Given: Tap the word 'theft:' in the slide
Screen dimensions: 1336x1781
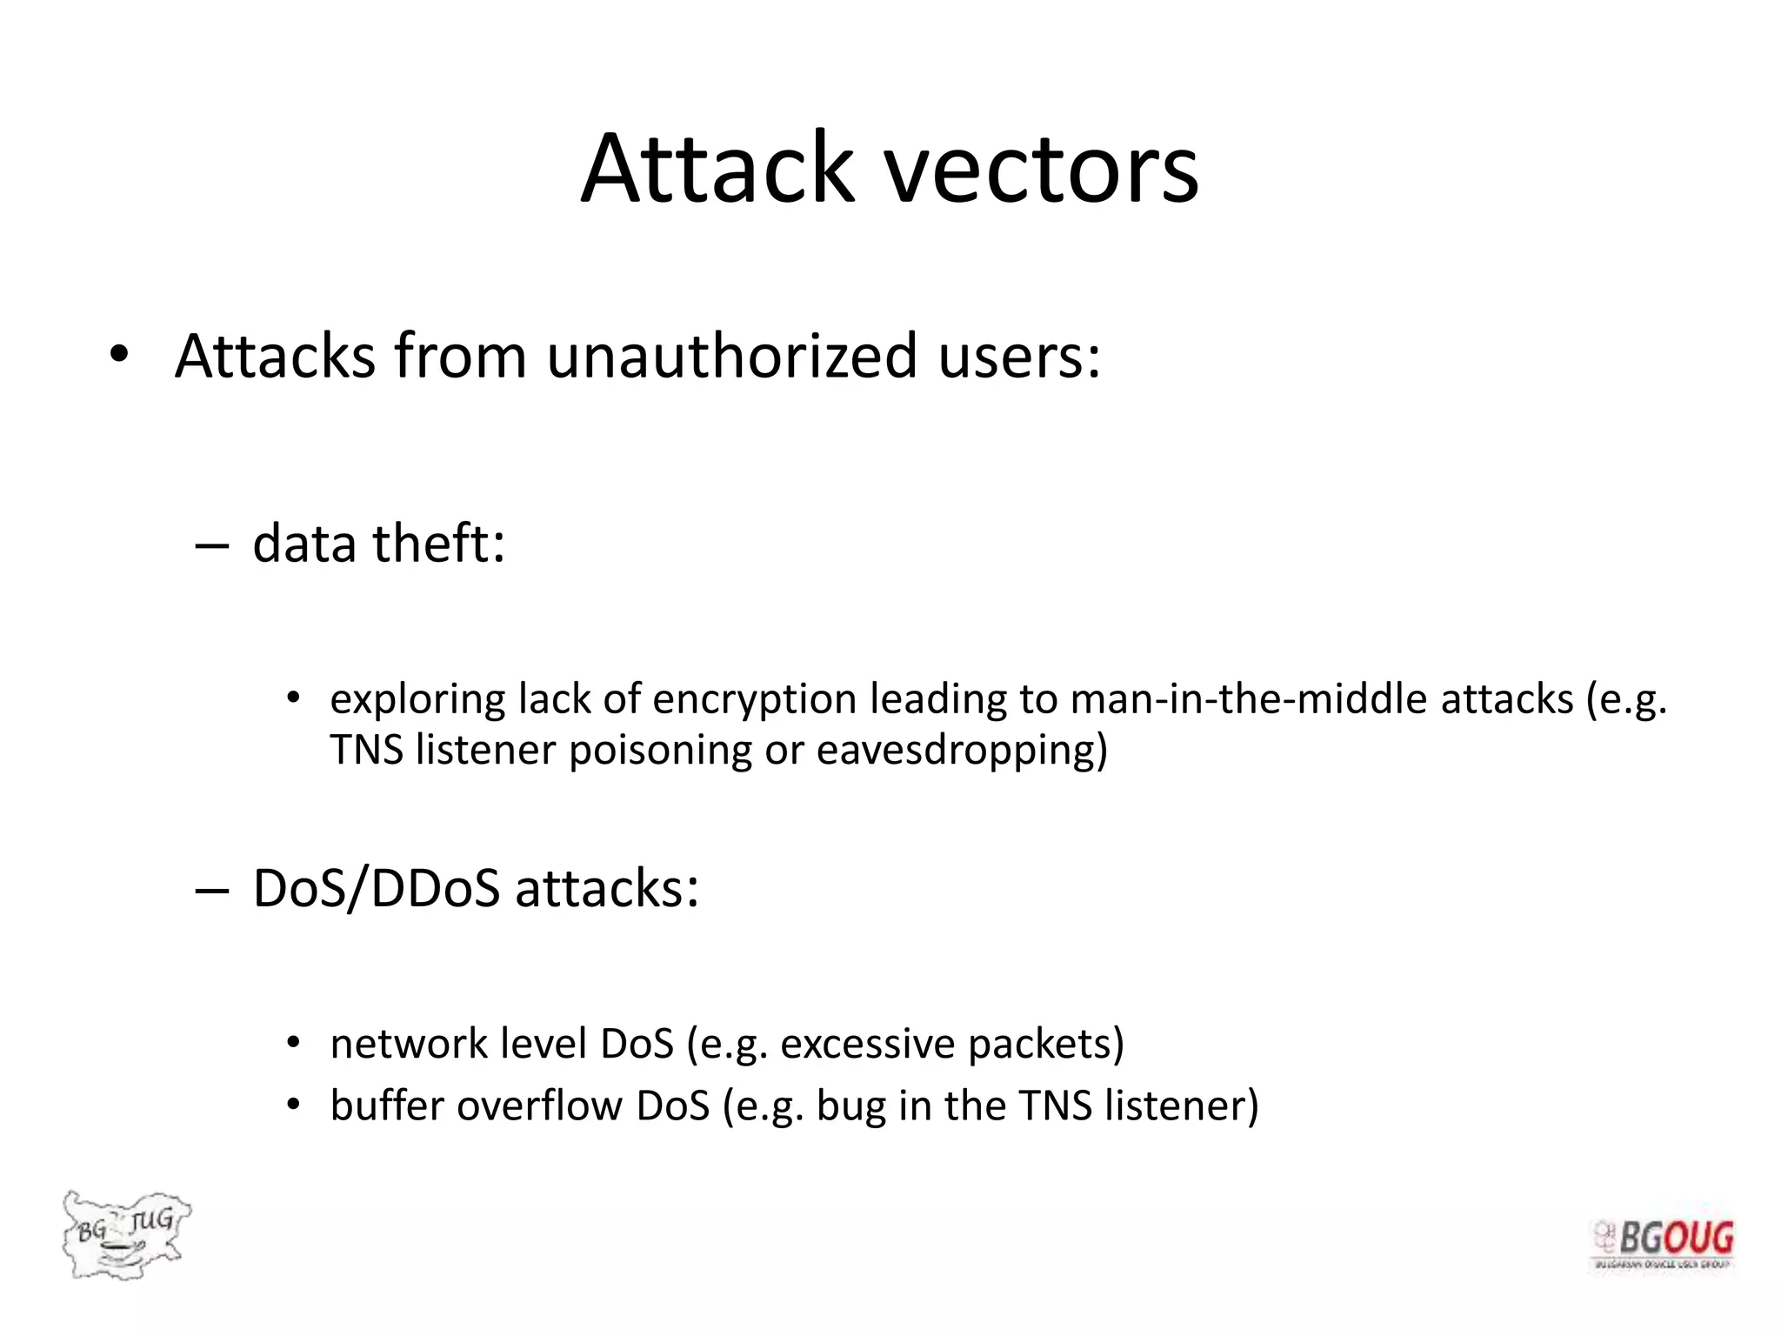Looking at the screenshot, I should click(x=439, y=544).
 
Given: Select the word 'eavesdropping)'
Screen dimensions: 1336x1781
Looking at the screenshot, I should click(x=962, y=750).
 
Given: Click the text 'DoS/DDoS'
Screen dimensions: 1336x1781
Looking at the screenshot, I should click(x=377, y=889).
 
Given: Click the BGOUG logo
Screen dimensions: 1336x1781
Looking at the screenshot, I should click(x=1663, y=1244).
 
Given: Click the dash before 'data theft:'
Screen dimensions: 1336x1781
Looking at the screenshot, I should click(x=211, y=546).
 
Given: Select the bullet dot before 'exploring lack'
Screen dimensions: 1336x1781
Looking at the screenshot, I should click(x=293, y=698).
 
